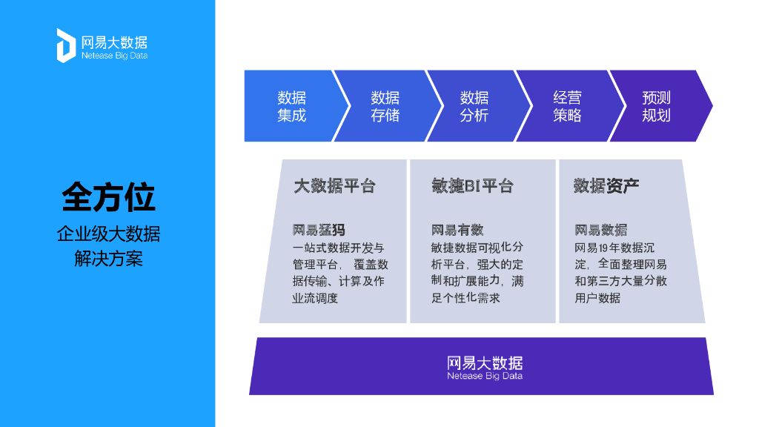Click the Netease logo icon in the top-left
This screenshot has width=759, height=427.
(66, 45)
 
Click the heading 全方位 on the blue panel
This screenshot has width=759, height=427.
(108, 198)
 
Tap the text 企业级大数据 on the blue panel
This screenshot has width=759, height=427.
(108, 235)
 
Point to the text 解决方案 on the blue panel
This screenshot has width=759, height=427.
(108, 259)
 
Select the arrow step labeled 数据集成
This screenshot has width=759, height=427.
(291, 106)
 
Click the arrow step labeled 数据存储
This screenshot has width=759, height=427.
(385, 106)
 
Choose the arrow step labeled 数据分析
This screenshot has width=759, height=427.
(474, 106)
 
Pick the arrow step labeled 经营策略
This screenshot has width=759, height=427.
(567, 106)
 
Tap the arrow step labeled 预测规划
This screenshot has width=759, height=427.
(656, 106)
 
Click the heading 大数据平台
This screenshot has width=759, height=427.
(334, 185)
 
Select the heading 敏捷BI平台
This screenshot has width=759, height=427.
(472, 185)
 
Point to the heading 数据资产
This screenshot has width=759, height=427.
(606, 185)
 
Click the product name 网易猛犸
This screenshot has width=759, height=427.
(319, 230)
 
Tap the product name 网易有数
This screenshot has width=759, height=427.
(457, 230)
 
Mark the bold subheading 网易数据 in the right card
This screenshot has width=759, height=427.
(600, 230)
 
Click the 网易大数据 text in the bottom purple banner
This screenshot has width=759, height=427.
(485, 363)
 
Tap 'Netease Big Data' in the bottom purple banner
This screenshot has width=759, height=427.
(485, 376)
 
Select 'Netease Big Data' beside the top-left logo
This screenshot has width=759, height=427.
(114, 56)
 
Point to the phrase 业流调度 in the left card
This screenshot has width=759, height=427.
(315, 299)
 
